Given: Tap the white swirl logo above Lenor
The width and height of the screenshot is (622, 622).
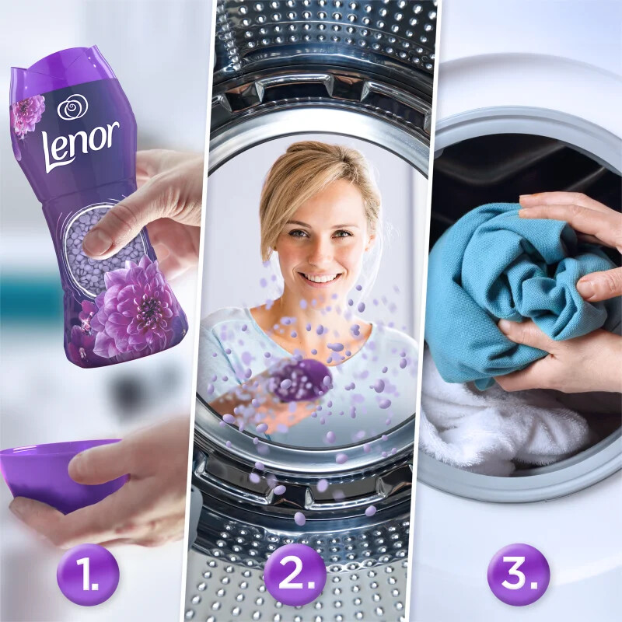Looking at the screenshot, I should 72,107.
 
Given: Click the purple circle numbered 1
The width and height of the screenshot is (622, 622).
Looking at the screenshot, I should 88,575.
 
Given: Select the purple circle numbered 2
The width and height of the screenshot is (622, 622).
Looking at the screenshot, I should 294,575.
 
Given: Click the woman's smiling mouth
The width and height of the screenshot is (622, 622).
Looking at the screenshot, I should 320,276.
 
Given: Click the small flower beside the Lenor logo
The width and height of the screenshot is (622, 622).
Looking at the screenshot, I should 27,113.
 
